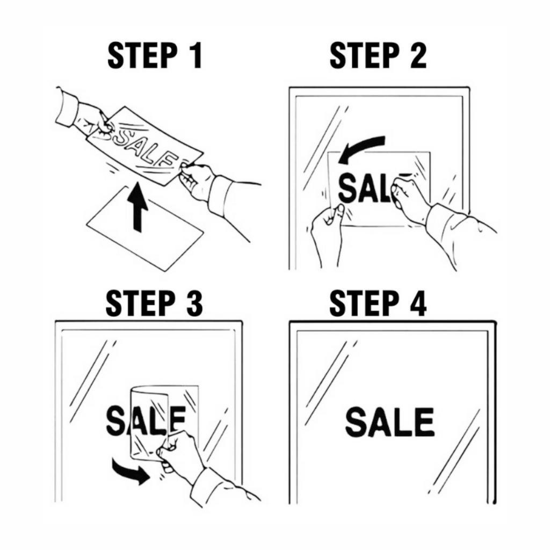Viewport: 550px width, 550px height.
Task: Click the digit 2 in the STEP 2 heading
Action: point(418,55)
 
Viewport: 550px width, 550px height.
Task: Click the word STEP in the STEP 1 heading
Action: point(142,55)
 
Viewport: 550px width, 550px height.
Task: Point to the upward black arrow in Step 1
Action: point(137,207)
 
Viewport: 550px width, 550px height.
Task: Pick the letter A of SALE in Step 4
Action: point(381,422)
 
